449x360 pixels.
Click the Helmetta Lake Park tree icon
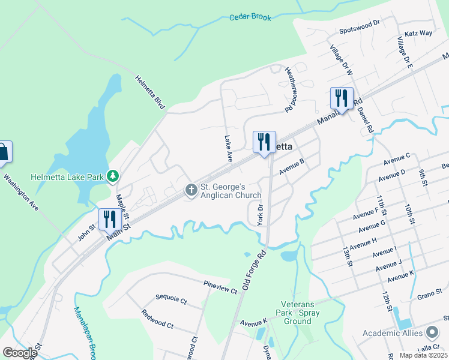pos(112,176)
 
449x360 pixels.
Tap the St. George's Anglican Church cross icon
pos(191,191)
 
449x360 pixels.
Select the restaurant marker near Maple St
pos(109,218)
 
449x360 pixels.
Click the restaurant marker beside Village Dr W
pos(342,98)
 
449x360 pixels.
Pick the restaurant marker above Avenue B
pos(264,142)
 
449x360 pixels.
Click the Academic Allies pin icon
pos(432,332)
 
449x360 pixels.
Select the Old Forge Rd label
pos(254,271)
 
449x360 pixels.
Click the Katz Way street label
pos(418,33)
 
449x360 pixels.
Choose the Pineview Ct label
pos(220,287)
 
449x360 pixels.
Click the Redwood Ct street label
pos(157,319)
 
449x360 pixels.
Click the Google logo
pos(20,353)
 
